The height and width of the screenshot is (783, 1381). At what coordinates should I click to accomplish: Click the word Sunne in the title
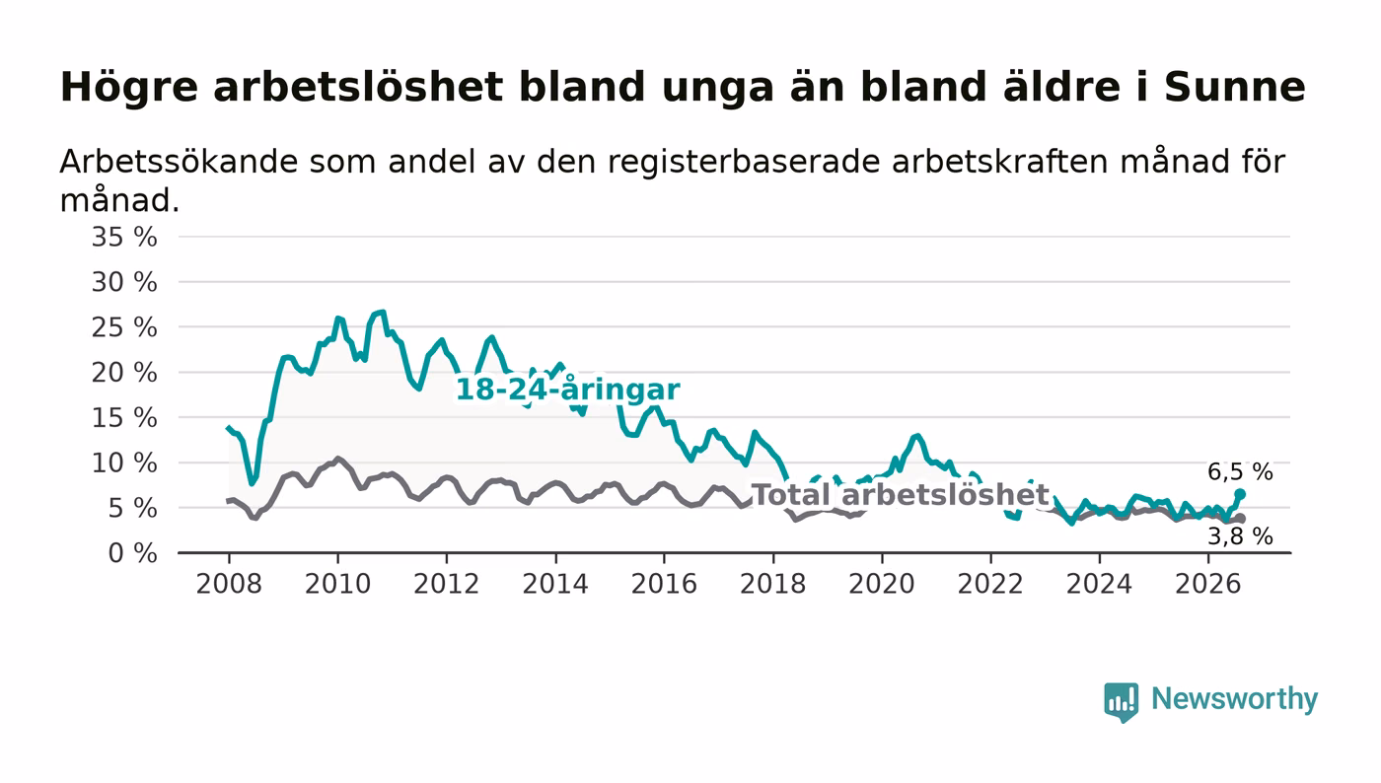1234,87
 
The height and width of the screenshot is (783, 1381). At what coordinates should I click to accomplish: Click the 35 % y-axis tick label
124,237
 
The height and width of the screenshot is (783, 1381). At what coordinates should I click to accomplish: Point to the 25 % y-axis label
124,327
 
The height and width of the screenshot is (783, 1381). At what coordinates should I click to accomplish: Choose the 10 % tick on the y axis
124,463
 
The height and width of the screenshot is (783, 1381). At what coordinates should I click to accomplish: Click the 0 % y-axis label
132,553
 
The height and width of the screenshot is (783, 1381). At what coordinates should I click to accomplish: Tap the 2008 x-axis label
229,584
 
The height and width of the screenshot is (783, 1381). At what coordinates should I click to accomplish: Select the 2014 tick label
555,584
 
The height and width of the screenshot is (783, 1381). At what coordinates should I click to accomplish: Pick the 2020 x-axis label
882,584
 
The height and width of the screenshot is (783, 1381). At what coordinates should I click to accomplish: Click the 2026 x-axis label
1207,584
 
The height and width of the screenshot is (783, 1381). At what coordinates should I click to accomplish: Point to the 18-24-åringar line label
568,390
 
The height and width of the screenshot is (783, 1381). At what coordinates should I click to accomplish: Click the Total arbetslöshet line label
901,494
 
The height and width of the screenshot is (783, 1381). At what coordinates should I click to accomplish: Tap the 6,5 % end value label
1240,472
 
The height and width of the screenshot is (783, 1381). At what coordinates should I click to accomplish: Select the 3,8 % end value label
1240,536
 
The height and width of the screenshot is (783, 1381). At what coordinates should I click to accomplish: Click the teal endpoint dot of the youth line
1240,494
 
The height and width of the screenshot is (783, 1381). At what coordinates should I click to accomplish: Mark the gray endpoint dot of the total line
1240,519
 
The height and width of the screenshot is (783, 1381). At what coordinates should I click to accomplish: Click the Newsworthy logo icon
1121,702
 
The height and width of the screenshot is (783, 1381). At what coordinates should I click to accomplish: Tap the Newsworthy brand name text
1235,699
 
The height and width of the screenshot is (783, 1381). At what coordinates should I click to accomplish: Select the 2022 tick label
990,584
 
